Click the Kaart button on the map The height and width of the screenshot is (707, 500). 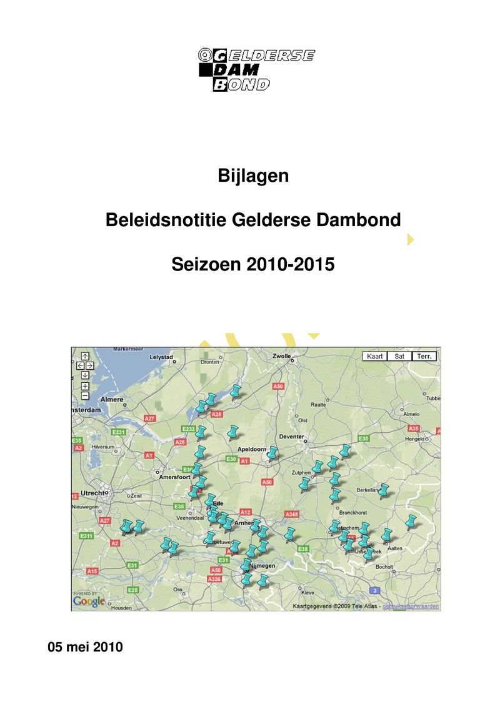tap(375, 356)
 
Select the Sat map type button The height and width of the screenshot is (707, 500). tap(399, 356)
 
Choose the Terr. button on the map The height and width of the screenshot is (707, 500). tap(424, 356)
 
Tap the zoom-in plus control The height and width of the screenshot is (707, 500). tap(85, 386)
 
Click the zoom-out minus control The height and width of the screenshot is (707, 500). tap(85, 395)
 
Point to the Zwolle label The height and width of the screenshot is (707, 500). tap(281, 356)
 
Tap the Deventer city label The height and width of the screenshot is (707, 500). tap(292, 437)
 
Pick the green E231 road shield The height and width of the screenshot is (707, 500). tap(119, 432)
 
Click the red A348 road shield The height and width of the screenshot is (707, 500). tap(292, 514)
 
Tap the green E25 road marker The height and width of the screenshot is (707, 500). tap(132, 590)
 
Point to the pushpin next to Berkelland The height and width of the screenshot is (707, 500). tap(384, 491)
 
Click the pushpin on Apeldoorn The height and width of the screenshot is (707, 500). tap(272, 453)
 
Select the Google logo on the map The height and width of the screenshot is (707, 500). tap(89, 601)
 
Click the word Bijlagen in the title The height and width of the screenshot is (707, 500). tap(253, 176)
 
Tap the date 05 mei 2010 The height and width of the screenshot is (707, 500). tap(86, 647)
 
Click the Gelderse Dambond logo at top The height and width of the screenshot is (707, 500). tap(256, 70)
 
